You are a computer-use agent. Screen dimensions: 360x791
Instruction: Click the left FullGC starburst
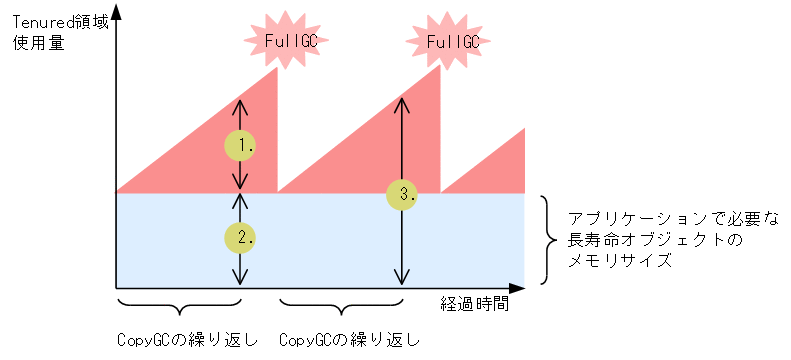click(x=277, y=41)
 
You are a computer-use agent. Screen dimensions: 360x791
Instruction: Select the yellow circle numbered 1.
click(x=240, y=145)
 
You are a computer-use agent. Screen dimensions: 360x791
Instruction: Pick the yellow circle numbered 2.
click(x=240, y=237)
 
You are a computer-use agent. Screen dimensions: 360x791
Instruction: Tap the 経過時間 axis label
click(x=474, y=304)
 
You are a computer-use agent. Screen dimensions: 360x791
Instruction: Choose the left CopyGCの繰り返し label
click(x=186, y=340)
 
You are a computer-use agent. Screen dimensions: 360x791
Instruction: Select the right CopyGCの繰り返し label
click(x=349, y=340)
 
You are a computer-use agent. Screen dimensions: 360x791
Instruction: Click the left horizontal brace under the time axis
click(x=179, y=306)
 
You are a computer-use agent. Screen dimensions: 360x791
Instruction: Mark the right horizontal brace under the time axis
click(x=341, y=306)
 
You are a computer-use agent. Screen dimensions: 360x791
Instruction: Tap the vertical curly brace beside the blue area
click(x=548, y=239)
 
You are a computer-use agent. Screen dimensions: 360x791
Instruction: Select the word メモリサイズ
click(x=617, y=261)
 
